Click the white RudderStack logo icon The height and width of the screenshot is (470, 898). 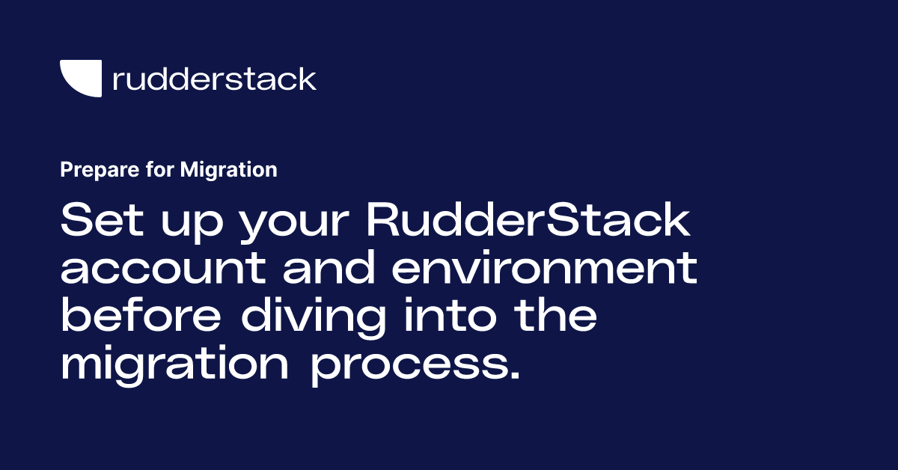point(81,79)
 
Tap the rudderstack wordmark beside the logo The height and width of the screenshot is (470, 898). point(214,79)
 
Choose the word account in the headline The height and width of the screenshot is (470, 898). point(162,270)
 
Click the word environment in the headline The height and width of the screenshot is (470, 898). point(544,270)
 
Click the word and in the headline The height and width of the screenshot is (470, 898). point(327,269)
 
